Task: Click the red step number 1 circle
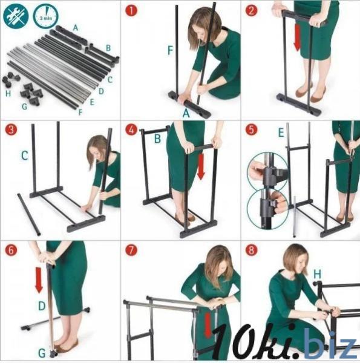click(x=131, y=10)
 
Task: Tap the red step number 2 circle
click(x=251, y=10)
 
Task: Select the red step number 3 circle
click(x=11, y=129)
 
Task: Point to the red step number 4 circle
click(x=131, y=129)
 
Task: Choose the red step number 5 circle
click(x=251, y=129)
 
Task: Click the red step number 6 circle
click(x=11, y=250)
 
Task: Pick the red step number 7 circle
click(x=131, y=250)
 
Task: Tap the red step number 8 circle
click(x=251, y=250)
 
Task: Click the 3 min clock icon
click(x=45, y=16)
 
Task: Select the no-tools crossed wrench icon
click(x=16, y=16)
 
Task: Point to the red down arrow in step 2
click(x=297, y=38)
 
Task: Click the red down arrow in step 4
click(x=201, y=167)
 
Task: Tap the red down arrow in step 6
click(x=39, y=280)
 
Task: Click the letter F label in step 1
click(x=170, y=50)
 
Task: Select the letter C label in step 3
click(x=25, y=155)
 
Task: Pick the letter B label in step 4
click(x=157, y=139)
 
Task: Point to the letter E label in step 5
click(x=281, y=132)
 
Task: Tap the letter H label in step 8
click(x=317, y=274)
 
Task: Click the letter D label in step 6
click(x=42, y=306)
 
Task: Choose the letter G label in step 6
click(x=42, y=353)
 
